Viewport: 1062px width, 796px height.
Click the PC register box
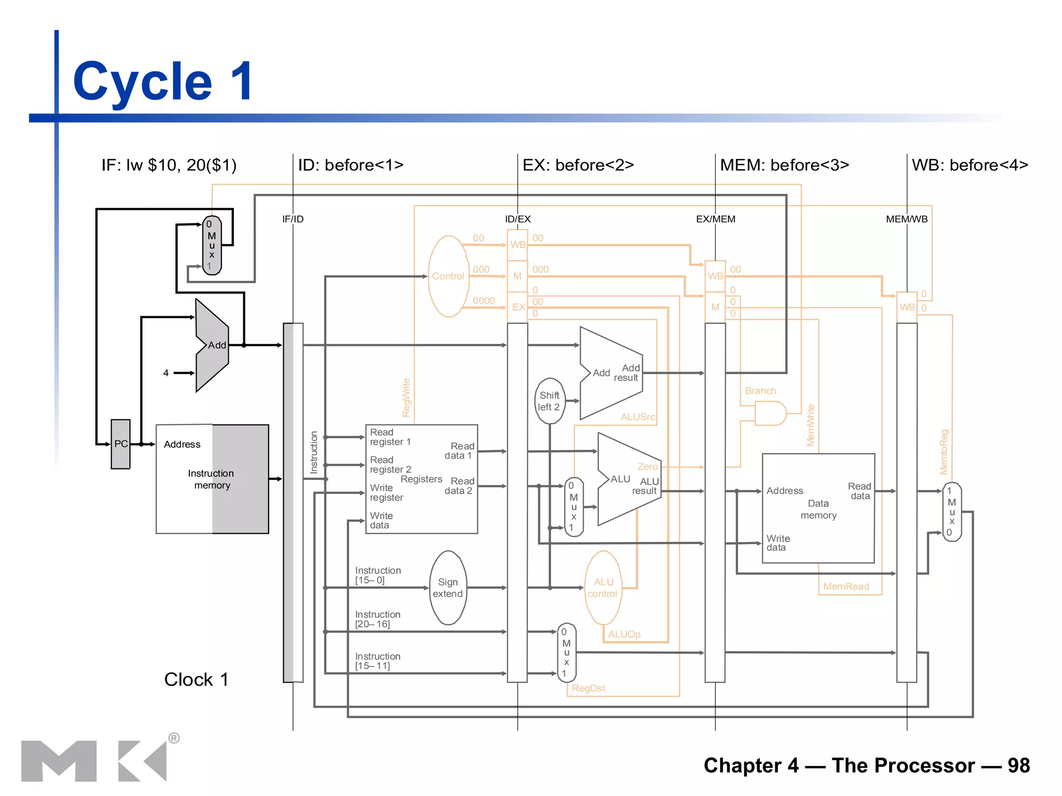(x=120, y=444)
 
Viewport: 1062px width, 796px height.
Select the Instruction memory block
(x=212, y=479)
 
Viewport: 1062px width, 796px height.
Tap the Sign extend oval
(x=448, y=588)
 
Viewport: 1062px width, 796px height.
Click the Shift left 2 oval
(x=549, y=401)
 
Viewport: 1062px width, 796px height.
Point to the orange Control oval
(x=448, y=276)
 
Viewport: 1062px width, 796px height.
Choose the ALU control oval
(x=603, y=588)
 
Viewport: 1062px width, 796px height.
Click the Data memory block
(x=818, y=508)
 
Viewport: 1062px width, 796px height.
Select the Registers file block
(x=421, y=479)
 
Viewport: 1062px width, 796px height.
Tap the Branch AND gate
(x=770, y=414)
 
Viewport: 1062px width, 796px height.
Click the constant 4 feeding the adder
(x=166, y=373)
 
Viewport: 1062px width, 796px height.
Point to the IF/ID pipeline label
(x=293, y=219)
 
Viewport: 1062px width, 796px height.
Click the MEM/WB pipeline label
(x=906, y=219)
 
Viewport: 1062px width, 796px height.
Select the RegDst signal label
(x=589, y=688)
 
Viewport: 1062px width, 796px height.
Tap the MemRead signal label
(x=846, y=587)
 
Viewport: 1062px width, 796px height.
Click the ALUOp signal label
(x=624, y=634)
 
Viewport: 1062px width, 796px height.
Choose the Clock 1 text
(x=196, y=679)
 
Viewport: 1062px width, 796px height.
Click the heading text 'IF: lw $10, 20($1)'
(x=169, y=165)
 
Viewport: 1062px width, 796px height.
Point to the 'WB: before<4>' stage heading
(x=970, y=165)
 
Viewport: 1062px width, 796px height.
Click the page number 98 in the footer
(x=1018, y=765)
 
